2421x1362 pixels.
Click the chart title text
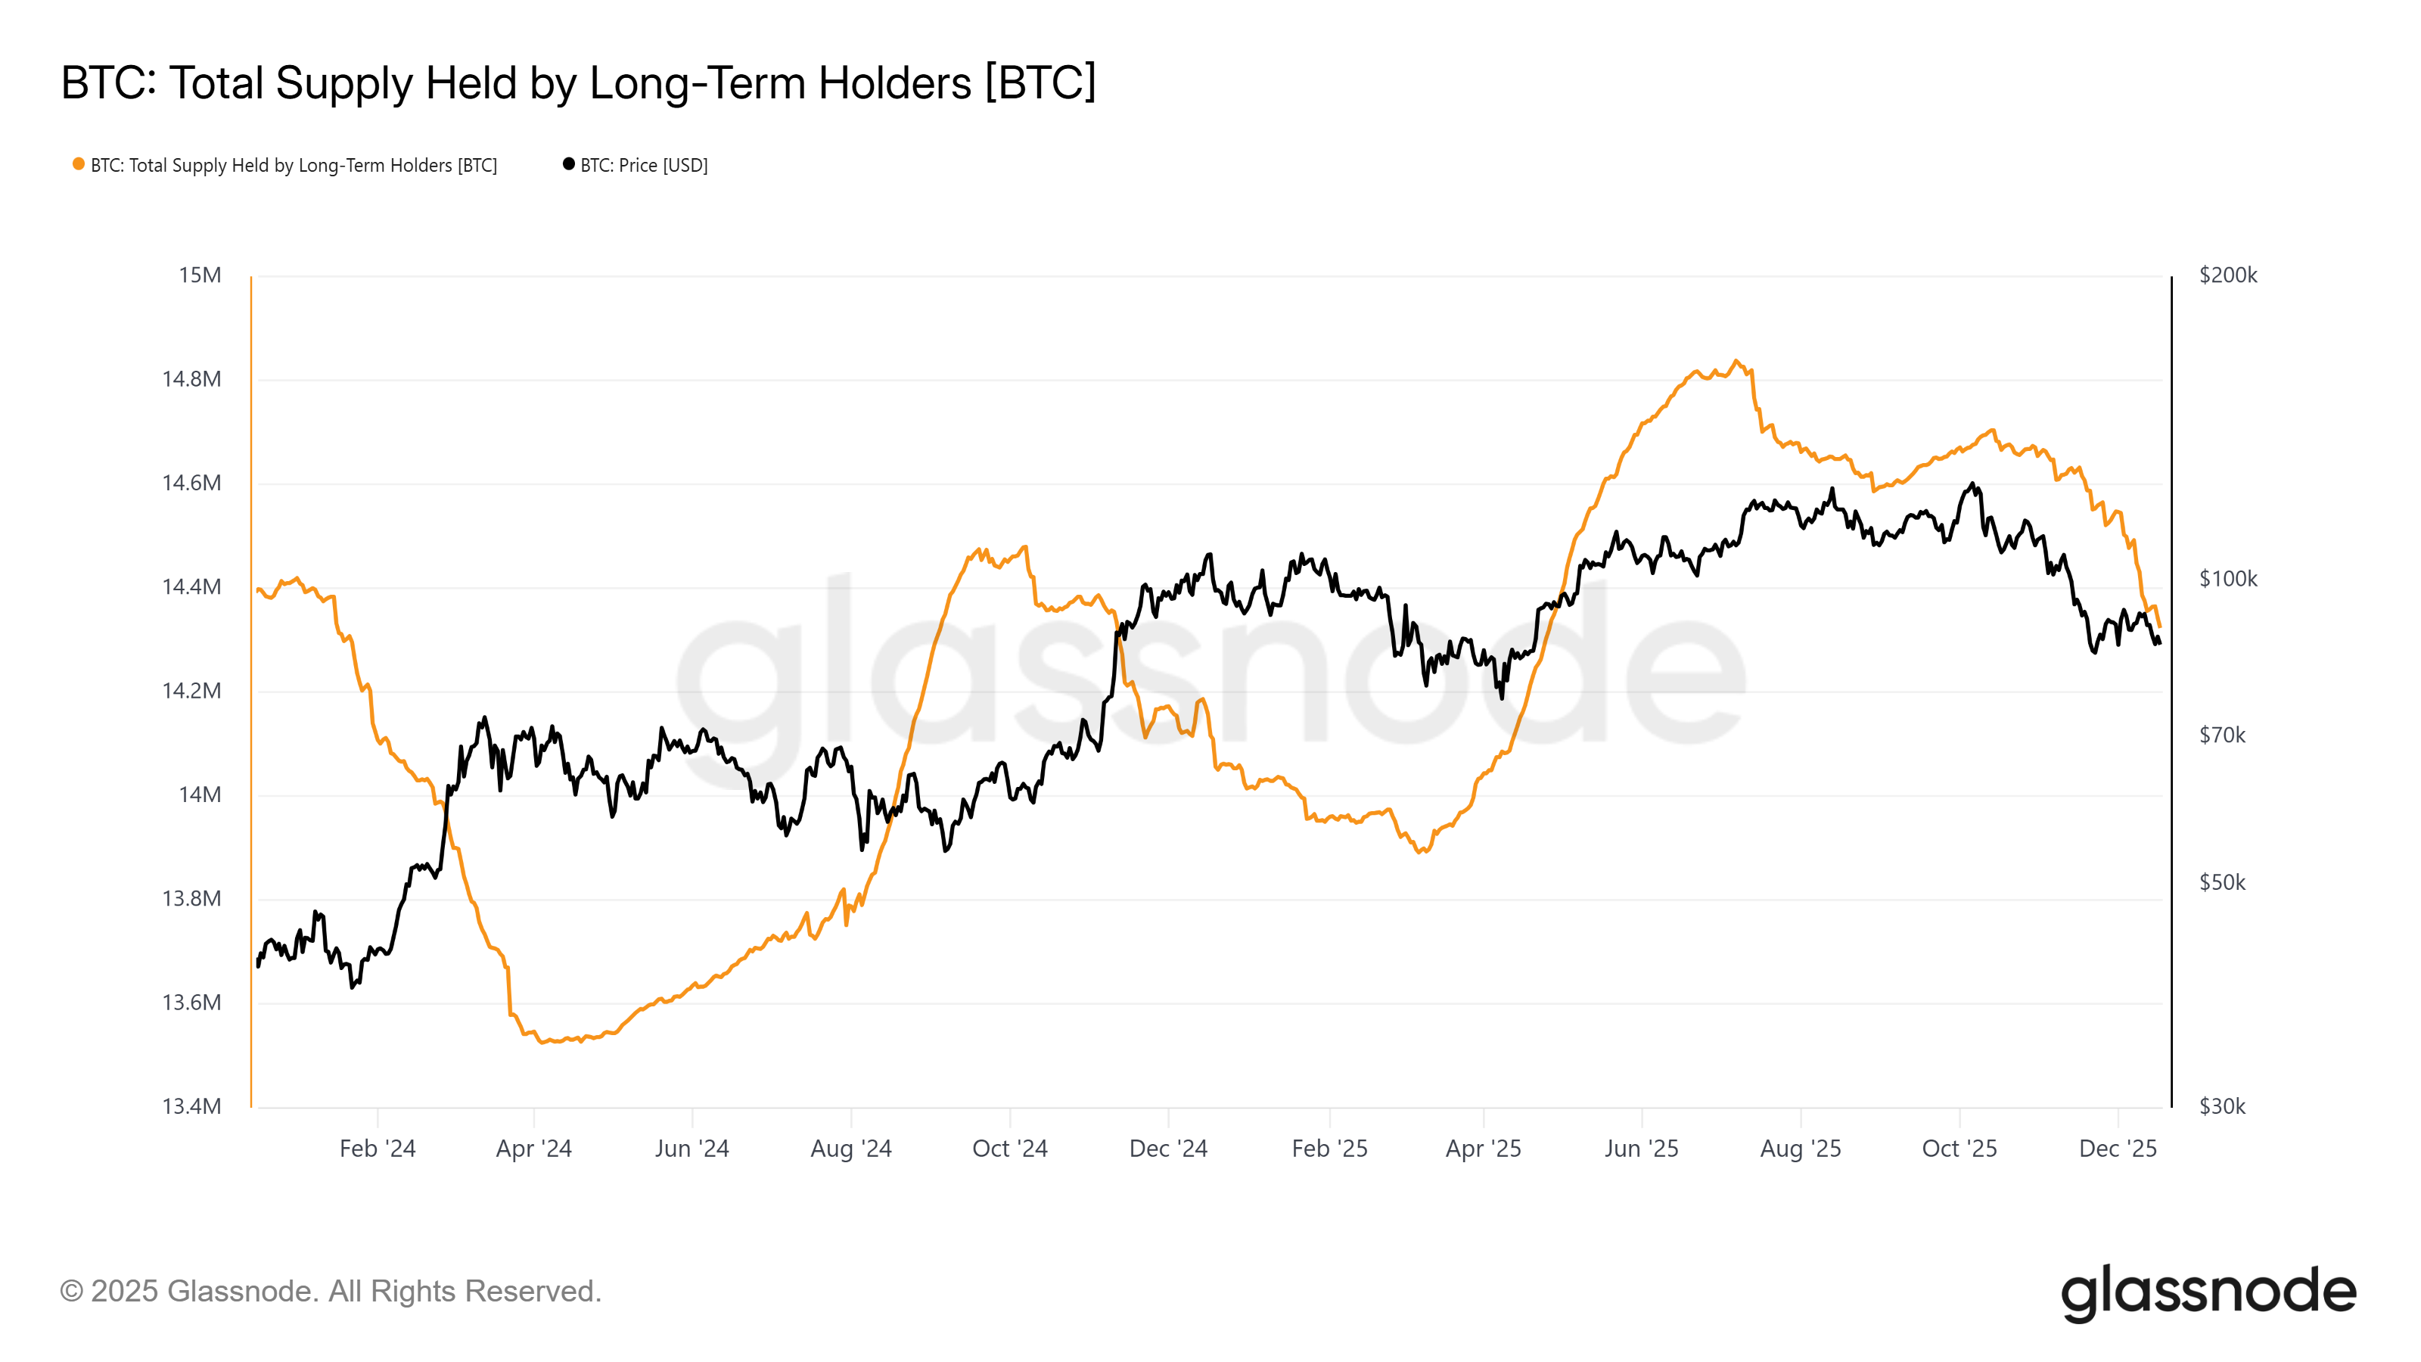pyautogui.click(x=578, y=82)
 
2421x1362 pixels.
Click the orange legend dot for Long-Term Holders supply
pyautogui.click(x=79, y=164)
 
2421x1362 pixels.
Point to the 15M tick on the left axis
pyautogui.click(x=200, y=275)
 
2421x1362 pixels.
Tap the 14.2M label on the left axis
pyautogui.click(x=191, y=691)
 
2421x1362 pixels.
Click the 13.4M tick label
pyautogui.click(x=191, y=1106)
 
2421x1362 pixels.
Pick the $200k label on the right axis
pyautogui.click(x=2227, y=275)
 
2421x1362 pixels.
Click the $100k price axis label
pyautogui.click(x=2227, y=579)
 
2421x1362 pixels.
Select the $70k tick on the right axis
pyautogui.click(x=2222, y=735)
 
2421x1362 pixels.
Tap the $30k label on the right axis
pyautogui.click(x=2222, y=1106)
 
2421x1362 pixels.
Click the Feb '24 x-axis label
pyautogui.click(x=377, y=1149)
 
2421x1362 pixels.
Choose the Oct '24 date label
pyautogui.click(x=1009, y=1149)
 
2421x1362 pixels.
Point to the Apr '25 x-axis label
pyautogui.click(x=1483, y=1149)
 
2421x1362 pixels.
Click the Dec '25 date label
pyautogui.click(x=2118, y=1149)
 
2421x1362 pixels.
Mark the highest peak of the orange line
pyautogui.click(x=1735, y=361)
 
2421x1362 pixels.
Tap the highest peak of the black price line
pyautogui.click(x=1972, y=484)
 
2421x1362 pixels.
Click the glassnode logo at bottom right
pyautogui.click(x=2208, y=1292)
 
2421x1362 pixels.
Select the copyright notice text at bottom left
pyautogui.click(x=330, y=1292)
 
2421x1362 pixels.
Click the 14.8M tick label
pyautogui.click(x=191, y=380)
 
